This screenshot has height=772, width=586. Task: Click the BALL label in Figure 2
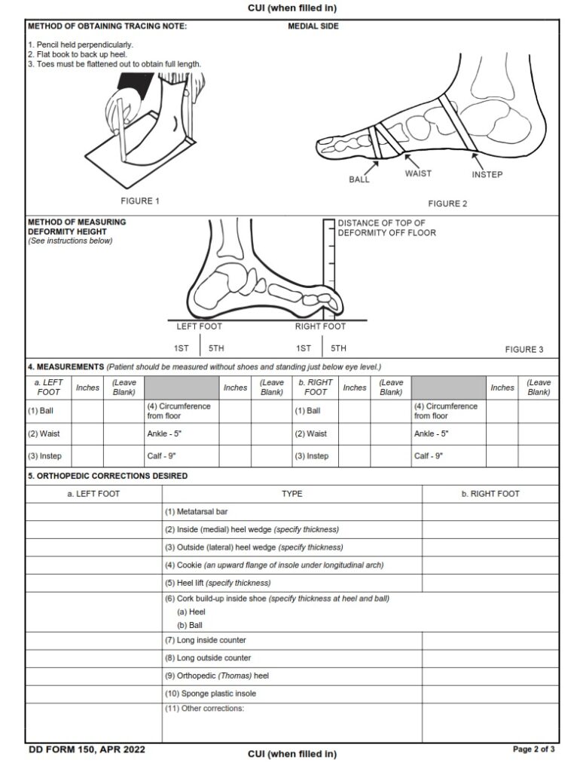(x=359, y=180)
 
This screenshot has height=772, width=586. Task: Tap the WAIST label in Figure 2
(x=418, y=173)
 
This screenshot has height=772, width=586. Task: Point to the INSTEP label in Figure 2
(x=487, y=175)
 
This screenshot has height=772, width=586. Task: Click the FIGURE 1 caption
(x=140, y=201)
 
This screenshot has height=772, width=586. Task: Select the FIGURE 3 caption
(x=523, y=350)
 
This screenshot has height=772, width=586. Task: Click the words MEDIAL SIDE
(x=313, y=26)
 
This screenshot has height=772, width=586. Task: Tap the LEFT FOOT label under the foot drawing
(x=199, y=326)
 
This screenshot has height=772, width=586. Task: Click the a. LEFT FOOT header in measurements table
(x=48, y=388)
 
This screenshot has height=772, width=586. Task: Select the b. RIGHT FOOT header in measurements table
(x=315, y=388)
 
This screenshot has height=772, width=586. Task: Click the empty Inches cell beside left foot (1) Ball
(x=87, y=411)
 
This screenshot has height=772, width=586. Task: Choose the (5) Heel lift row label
(x=217, y=583)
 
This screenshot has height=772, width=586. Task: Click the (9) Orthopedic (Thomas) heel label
(x=216, y=676)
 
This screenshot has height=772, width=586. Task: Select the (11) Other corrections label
(x=205, y=709)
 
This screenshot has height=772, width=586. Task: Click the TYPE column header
(x=291, y=494)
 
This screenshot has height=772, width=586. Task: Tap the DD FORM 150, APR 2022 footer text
(x=87, y=749)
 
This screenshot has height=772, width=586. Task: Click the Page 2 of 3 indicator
(x=533, y=749)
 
